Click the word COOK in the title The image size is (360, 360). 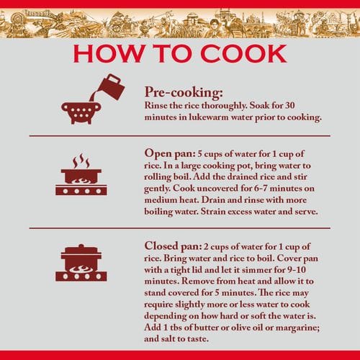(x=243, y=53)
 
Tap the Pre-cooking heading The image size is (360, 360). (x=184, y=92)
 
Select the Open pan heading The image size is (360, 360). (x=170, y=154)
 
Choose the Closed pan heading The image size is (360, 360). (x=173, y=246)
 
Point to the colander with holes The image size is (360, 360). (x=81, y=113)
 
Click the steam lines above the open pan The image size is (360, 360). (x=81, y=161)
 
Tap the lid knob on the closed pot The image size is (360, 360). (x=81, y=246)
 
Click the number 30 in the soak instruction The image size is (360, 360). (x=289, y=105)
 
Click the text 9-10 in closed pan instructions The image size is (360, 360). (x=297, y=270)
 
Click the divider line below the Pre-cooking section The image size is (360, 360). (x=180, y=136)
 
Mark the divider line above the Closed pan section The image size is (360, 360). (x=180, y=228)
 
